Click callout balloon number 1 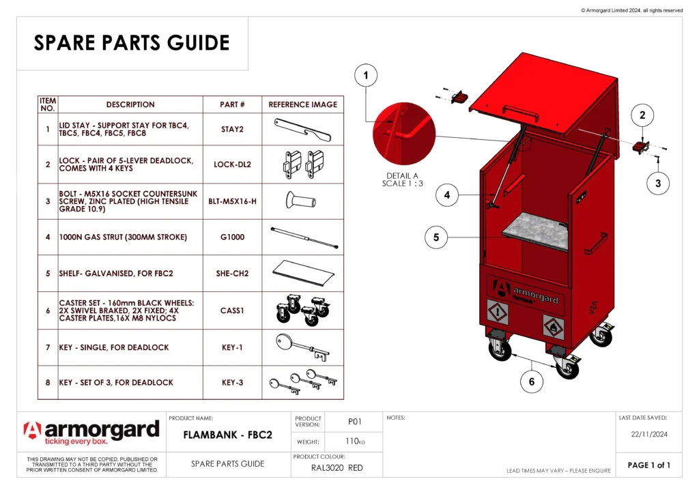point(367,76)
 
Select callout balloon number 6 point(532,381)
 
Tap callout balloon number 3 point(658,183)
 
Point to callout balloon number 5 point(436,237)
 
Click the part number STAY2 point(232,129)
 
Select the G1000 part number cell point(232,237)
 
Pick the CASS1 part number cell point(232,310)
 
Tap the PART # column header point(232,104)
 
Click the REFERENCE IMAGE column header point(302,104)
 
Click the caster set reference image point(302,310)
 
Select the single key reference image point(302,347)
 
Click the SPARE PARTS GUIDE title point(132,43)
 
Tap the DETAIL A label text point(402,175)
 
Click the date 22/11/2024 point(648,434)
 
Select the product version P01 point(354,422)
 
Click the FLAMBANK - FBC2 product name point(228,435)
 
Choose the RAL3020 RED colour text point(337,468)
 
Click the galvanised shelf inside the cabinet point(539,232)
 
